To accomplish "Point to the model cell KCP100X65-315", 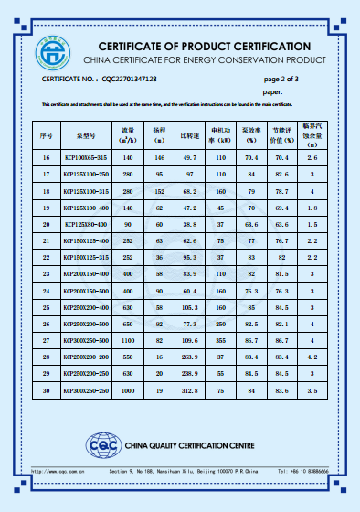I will (x=86, y=159).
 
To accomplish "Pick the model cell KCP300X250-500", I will (x=86, y=339).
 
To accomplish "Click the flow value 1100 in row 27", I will (x=128, y=339).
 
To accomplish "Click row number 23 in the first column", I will (x=47, y=273).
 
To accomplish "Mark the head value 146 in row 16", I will (x=159, y=159).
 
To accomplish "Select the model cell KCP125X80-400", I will (x=86, y=224).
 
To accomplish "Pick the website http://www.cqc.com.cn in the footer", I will (x=60, y=472).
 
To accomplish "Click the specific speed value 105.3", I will (x=189, y=306).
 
